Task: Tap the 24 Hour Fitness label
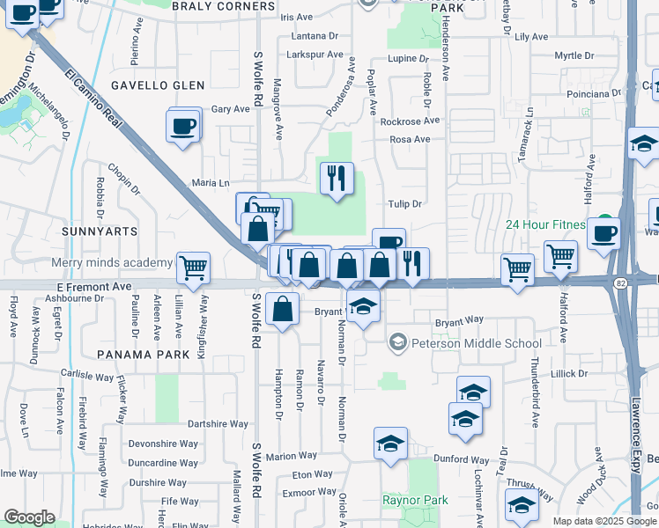pos(545,224)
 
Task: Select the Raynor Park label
pos(415,500)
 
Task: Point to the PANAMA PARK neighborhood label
pos(144,354)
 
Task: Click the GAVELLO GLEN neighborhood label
pos(158,85)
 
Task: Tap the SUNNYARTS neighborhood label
pos(100,231)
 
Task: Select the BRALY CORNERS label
pos(224,6)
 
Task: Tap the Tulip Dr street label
pos(406,203)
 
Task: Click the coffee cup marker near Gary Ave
pos(183,126)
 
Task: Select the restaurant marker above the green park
pos(336,180)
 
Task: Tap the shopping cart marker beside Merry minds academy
pos(193,268)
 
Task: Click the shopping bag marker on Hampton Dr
pos(282,311)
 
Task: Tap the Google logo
pos(29,517)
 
